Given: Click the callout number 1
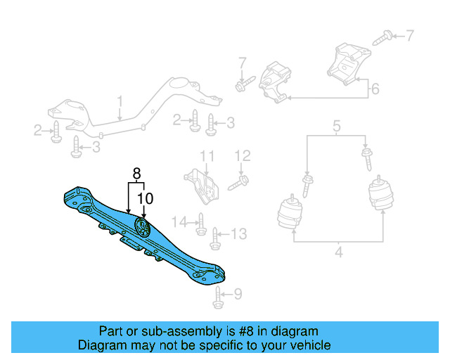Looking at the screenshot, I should pos(120,101).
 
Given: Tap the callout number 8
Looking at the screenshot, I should pos(136,172).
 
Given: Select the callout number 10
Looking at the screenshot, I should pos(145,199).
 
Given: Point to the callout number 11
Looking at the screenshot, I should pos(206,155).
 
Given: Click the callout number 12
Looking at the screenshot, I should pos(243,155).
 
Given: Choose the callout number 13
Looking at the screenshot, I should pos(239,233).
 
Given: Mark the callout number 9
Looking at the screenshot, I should pos(238,294).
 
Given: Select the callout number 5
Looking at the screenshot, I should pos(337,127).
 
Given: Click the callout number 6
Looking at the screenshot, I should pos(375,89).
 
